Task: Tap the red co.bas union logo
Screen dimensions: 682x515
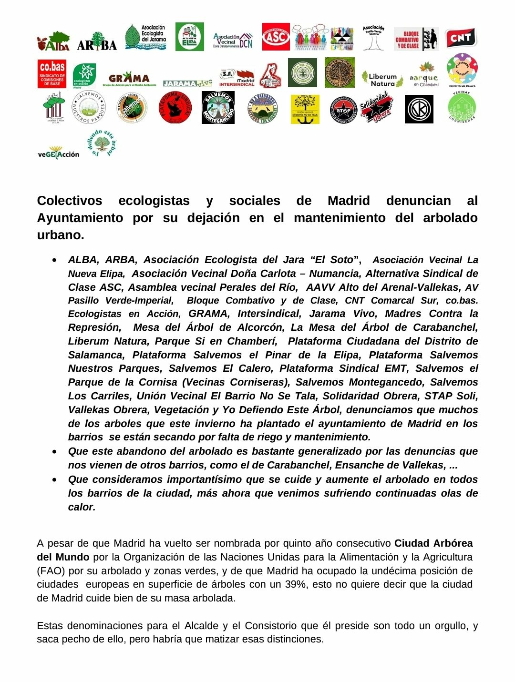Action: click(52, 73)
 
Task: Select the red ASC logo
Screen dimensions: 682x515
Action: click(276, 37)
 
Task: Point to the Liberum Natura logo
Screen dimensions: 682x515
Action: click(382, 79)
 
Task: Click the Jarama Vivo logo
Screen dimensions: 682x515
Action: click(187, 83)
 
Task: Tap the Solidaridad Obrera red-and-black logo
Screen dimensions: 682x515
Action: click(376, 109)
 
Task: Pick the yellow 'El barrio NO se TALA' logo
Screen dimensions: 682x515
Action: click(305, 109)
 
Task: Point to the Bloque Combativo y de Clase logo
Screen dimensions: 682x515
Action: click(416, 39)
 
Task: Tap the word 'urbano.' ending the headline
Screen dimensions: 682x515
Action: click(61, 235)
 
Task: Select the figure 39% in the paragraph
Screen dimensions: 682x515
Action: click(295, 584)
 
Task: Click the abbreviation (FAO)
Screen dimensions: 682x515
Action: click(52, 571)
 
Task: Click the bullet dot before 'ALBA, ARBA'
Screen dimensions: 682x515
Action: click(56, 261)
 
